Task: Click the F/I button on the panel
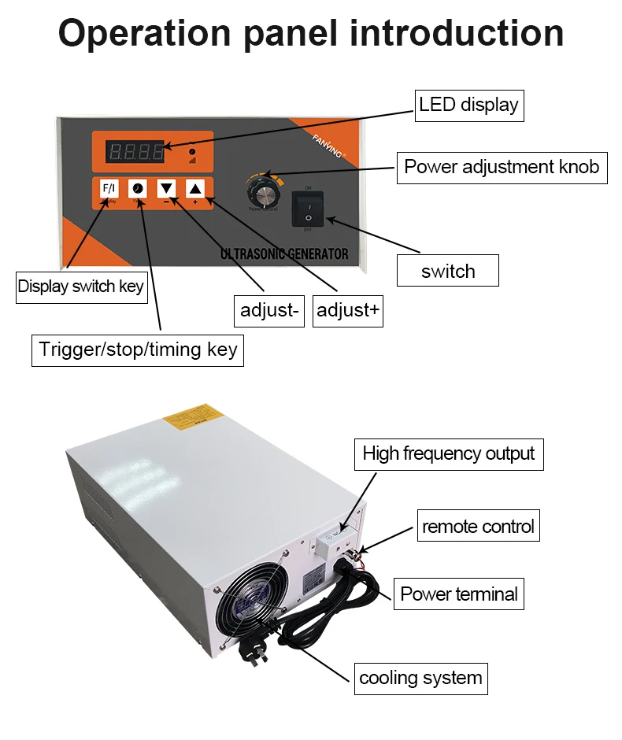pyautogui.click(x=109, y=189)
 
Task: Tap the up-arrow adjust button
pyautogui.click(x=194, y=189)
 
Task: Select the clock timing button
pyautogui.click(x=138, y=189)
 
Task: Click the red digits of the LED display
pyautogui.click(x=136, y=150)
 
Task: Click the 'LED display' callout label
pyautogui.click(x=468, y=105)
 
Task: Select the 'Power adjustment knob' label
pyautogui.click(x=502, y=167)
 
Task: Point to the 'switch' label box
pyautogui.click(x=448, y=272)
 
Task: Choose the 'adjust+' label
pyautogui.click(x=348, y=311)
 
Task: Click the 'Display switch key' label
pyautogui.click(x=81, y=286)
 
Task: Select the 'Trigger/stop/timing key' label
pyautogui.click(x=138, y=349)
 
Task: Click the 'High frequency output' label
pyautogui.click(x=448, y=453)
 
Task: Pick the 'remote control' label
pyautogui.click(x=478, y=526)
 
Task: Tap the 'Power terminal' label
pyautogui.click(x=459, y=594)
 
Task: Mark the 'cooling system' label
pyautogui.click(x=420, y=678)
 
